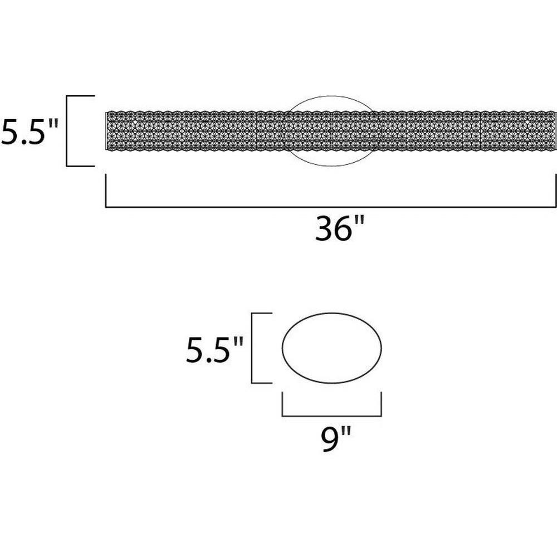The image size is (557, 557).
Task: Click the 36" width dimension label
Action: (x=340, y=228)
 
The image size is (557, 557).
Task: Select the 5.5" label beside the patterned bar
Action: (x=29, y=131)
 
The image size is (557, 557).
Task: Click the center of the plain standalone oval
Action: (x=332, y=348)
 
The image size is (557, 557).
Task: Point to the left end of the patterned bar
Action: (x=107, y=131)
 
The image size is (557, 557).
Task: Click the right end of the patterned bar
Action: (x=555, y=131)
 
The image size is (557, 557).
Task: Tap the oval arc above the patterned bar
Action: (x=332, y=96)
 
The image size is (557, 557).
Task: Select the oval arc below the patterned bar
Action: (x=332, y=165)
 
